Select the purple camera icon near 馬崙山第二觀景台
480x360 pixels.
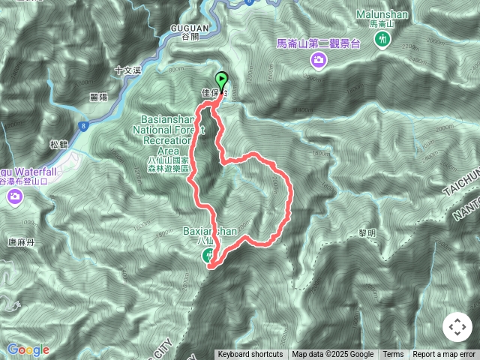(x=319, y=59)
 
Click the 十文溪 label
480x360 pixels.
(x=127, y=70)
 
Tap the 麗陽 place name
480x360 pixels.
(x=97, y=97)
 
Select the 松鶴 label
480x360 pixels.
(x=59, y=145)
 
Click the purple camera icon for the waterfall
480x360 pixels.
(x=15, y=196)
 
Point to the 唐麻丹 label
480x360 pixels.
(x=22, y=241)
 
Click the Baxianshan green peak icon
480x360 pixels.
(x=208, y=256)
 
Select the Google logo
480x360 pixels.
(x=28, y=349)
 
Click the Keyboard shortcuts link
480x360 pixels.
(x=250, y=355)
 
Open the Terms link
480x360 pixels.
(x=393, y=355)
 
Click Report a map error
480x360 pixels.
(x=444, y=355)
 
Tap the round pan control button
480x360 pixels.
(x=457, y=328)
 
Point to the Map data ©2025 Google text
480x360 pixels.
(x=332, y=355)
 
